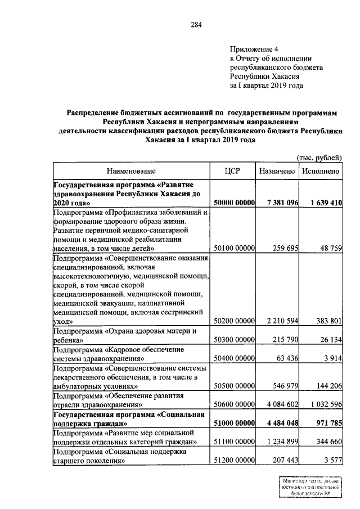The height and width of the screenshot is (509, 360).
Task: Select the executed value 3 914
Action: click(x=331, y=358)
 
